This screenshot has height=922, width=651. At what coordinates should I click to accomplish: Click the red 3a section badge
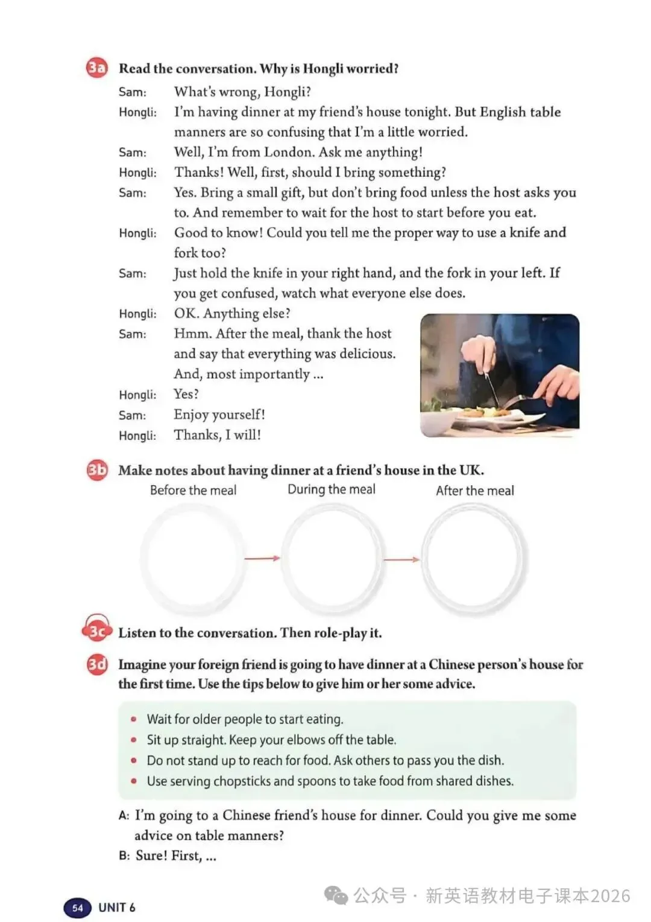point(96,68)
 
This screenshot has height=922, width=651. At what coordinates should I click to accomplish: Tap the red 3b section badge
point(96,469)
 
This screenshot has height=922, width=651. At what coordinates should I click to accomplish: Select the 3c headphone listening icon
point(96,630)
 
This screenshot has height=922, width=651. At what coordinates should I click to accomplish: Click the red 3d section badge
point(96,664)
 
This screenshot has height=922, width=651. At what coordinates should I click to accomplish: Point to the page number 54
point(78,908)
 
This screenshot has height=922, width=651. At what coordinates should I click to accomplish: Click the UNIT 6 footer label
point(117,908)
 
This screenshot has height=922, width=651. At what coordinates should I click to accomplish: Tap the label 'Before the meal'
point(193,491)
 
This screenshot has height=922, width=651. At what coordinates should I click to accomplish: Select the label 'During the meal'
point(331,489)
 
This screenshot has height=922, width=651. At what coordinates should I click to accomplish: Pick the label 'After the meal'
point(475,491)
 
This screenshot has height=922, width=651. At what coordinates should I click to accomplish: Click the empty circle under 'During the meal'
point(332,558)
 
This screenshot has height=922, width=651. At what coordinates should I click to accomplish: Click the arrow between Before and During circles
point(262,558)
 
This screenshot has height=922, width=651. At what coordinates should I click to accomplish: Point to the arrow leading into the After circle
point(401,559)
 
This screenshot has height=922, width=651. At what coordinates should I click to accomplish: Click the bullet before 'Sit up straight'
point(134,740)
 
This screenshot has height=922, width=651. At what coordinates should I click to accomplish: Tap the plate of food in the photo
point(482,415)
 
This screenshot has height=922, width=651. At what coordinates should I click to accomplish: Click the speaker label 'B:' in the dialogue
point(124,856)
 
